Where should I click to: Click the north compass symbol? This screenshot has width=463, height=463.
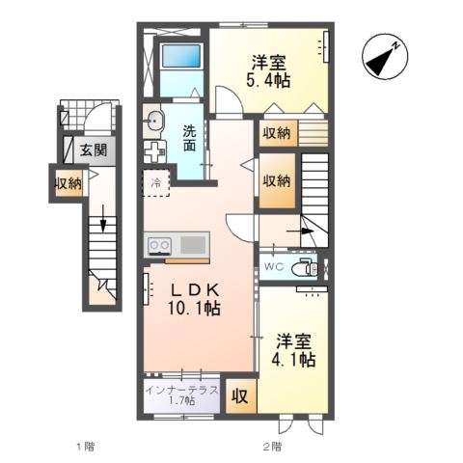[x=385, y=56]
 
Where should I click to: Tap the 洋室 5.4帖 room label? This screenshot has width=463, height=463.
[x=268, y=71]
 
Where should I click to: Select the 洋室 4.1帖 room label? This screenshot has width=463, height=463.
[x=293, y=350]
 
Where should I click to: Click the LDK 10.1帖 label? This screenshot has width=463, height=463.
[x=194, y=300]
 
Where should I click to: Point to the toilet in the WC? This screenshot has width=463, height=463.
[x=305, y=266]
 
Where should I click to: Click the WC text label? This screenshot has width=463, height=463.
[x=274, y=266]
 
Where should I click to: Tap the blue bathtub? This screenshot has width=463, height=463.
[x=181, y=56]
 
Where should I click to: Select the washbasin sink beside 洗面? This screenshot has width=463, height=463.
[x=153, y=121]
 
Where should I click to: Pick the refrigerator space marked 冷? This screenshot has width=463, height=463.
[x=156, y=183]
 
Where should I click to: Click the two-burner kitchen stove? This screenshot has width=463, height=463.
[x=159, y=246]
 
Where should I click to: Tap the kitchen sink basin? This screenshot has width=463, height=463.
[x=193, y=245]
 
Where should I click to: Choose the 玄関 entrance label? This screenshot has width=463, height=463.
[x=94, y=150]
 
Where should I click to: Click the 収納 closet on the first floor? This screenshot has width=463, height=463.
[x=68, y=183]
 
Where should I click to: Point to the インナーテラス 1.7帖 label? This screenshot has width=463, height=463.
[x=181, y=395]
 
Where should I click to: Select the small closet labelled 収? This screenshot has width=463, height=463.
[x=241, y=395]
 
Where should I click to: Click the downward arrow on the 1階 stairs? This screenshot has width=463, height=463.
[x=103, y=218]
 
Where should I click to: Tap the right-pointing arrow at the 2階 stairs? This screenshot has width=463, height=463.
[x=300, y=231]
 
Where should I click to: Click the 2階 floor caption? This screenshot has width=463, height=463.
[x=272, y=447]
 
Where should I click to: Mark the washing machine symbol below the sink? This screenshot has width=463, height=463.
[x=154, y=151]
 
